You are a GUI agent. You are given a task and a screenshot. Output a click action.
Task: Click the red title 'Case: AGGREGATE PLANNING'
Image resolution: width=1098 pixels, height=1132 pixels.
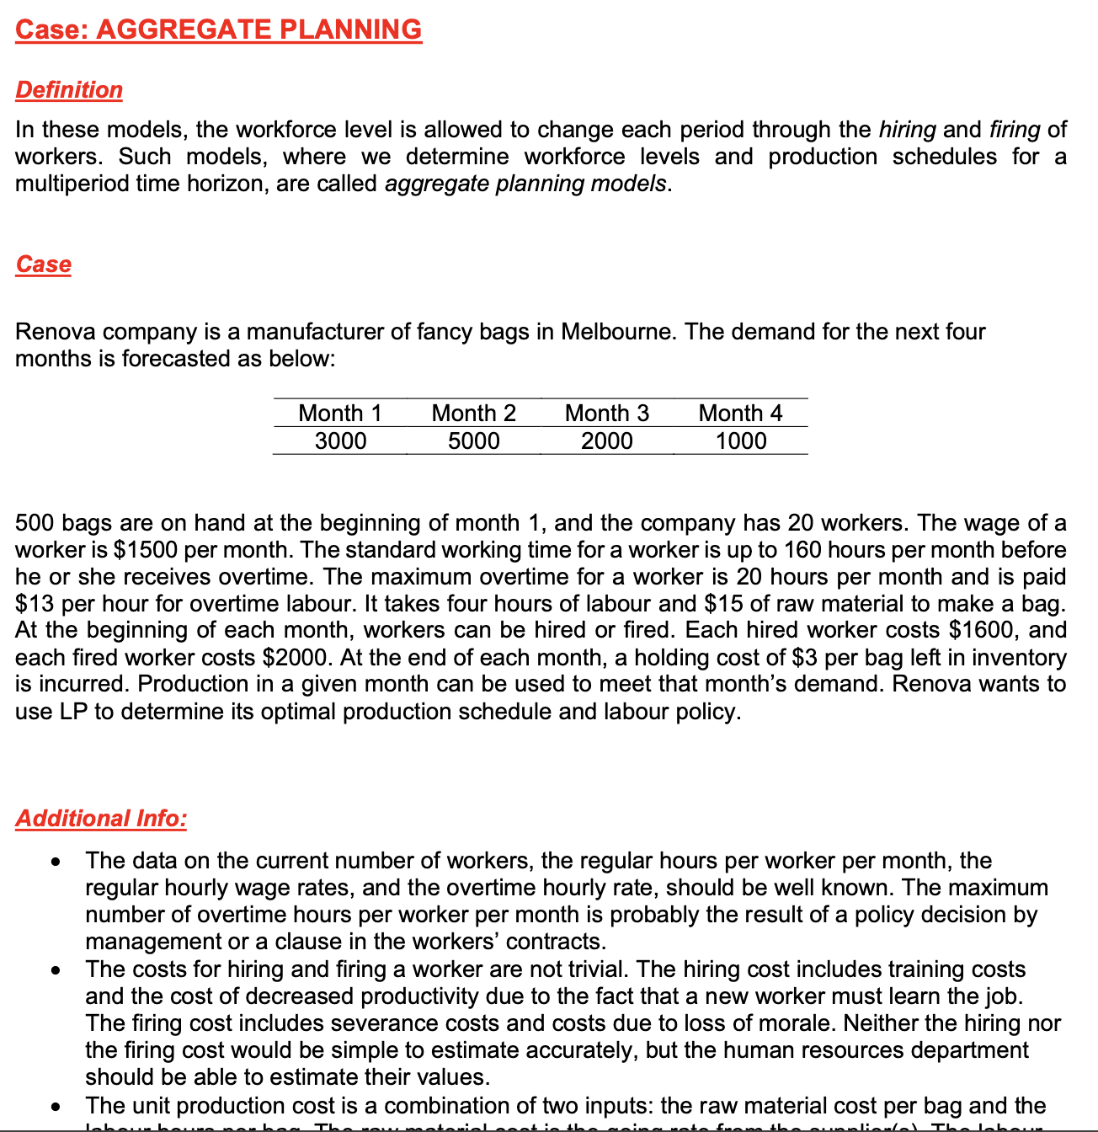tap(218, 29)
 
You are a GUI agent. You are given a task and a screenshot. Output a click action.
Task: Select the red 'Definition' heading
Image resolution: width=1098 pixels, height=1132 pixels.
tap(69, 90)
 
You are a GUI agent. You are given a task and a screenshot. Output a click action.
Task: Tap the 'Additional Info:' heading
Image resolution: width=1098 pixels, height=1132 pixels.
tap(101, 819)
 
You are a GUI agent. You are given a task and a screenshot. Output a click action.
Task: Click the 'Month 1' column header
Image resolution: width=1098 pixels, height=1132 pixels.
tap(340, 413)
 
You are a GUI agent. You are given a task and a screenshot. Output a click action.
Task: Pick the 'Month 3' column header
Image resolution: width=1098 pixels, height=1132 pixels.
tap(606, 413)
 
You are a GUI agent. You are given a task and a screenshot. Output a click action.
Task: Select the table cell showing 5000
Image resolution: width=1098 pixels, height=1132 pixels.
tap(473, 441)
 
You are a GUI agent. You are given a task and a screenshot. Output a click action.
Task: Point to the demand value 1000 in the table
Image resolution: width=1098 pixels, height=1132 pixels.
tap(740, 441)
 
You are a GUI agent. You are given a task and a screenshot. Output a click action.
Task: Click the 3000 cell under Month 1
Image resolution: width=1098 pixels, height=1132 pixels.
tap(340, 441)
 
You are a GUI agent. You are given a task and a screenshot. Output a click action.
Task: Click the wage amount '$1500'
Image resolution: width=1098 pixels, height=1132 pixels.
tap(146, 550)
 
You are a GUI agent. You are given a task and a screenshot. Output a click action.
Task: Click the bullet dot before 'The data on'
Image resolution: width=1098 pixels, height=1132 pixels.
tap(55, 862)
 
